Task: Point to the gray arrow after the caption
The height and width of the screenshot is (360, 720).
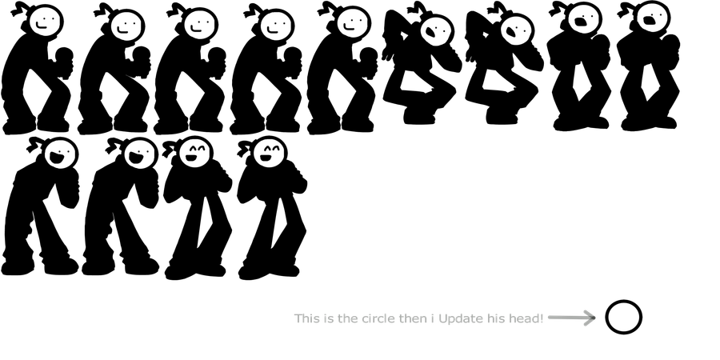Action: tap(572, 318)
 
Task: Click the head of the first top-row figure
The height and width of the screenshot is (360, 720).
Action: tap(46, 22)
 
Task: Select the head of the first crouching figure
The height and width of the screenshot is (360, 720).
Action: tap(436, 31)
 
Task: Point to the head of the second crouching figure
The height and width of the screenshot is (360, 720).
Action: tap(517, 31)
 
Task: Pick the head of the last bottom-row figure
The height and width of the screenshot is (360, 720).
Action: tap(270, 154)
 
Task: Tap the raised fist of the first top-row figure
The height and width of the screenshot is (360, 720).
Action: tap(64, 56)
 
